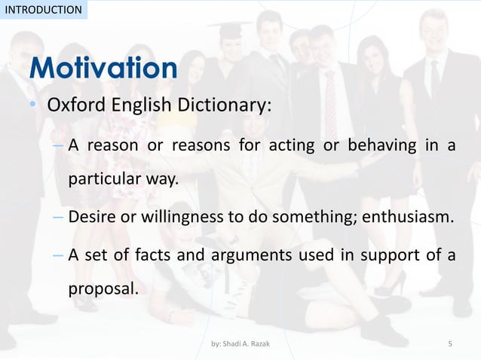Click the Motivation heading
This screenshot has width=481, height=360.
coord(103,70)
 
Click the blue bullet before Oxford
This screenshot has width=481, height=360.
coord(33,106)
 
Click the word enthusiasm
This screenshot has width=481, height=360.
coord(409,218)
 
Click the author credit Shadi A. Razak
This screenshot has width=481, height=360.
coord(240,344)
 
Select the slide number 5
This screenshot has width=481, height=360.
coord(450,344)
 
